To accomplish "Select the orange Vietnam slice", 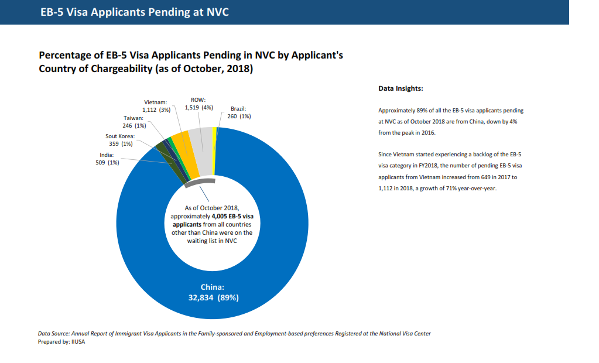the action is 185,155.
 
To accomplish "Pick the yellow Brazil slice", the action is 214,151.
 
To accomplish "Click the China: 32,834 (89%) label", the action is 213,292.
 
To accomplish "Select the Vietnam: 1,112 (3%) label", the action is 156,106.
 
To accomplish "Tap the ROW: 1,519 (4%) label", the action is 198,104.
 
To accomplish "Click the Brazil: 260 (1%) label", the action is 239,112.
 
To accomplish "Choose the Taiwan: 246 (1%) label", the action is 134,122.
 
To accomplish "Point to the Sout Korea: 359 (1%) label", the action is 121,140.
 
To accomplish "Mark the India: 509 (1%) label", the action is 107,159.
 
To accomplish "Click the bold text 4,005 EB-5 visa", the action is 232,216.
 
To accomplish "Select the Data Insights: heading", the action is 401,88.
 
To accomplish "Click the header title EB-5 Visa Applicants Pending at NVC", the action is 135,12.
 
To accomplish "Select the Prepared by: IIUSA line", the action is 61,341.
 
